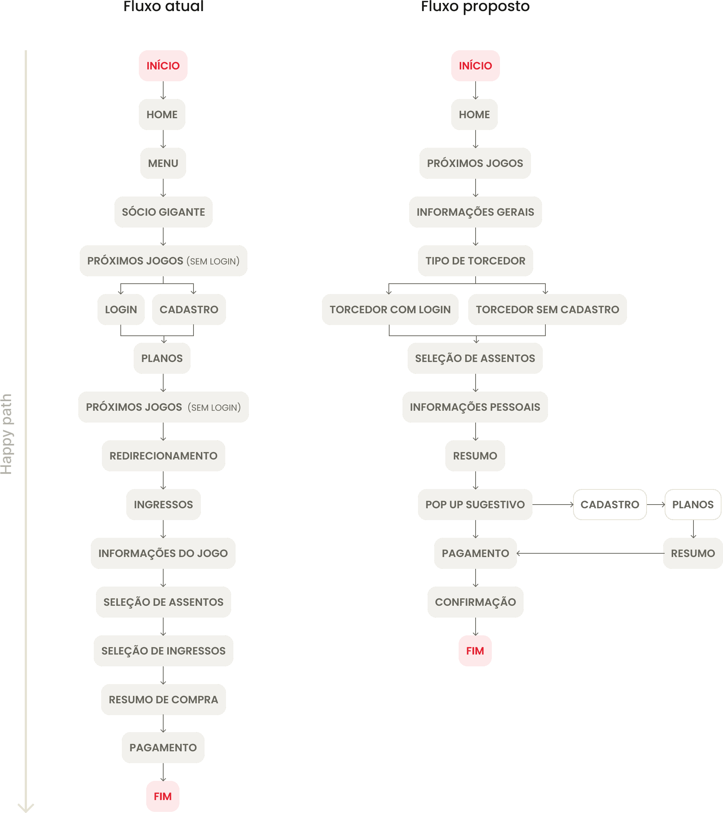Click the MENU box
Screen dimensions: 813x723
coord(163,163)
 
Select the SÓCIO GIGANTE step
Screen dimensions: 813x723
coord(164,212)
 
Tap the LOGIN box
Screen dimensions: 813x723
coord(121,310)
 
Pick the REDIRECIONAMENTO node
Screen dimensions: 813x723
coord(164,456)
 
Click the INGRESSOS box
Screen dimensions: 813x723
coord(164,504)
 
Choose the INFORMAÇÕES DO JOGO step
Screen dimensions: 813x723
coord(163,553)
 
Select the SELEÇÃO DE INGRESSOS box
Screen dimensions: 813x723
coord(164,651)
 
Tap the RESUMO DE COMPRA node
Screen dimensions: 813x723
coord(164,700)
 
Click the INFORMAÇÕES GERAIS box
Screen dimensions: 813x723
coord(475,212)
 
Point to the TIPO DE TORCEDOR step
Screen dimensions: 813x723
coord(475,261)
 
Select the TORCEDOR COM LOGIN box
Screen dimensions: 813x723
coord(390,310)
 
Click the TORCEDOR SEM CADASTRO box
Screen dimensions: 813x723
coord(547,310)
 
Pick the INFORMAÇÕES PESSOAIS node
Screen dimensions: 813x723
coord(475,407)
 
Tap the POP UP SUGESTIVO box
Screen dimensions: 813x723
coord(475,504)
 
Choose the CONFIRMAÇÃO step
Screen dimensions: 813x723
coord(475,602)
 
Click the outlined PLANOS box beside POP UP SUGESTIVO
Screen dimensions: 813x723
coord(693,504)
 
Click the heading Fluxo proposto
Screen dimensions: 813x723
coord(475,7)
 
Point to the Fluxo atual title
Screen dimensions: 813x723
coord(164,7)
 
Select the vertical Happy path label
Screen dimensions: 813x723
coord(7,434)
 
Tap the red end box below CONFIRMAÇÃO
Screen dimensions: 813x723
coord(475,651)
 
